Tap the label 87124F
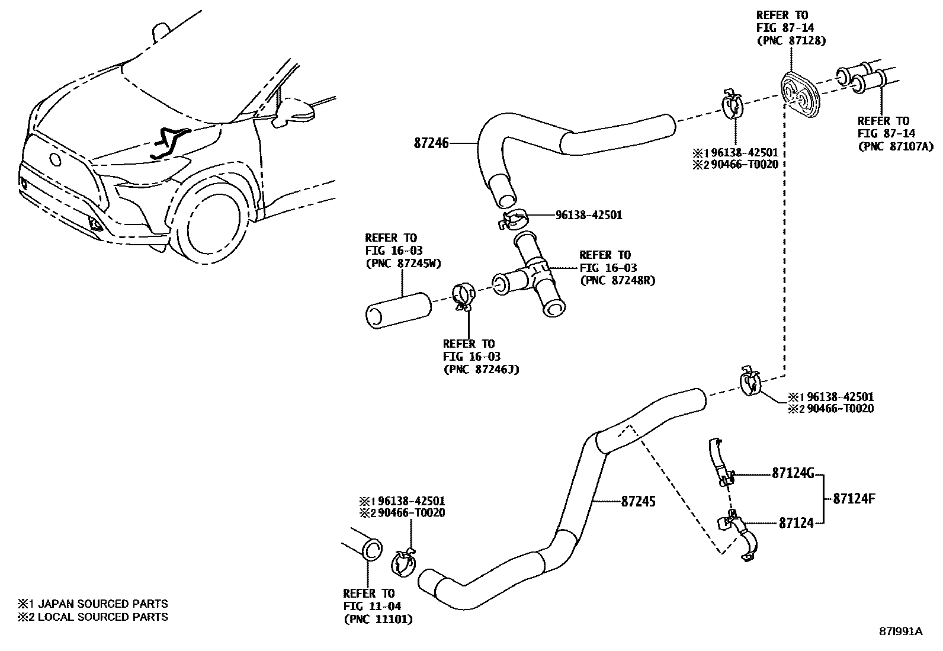[x=854, y=498]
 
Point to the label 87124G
[x=793, y=473]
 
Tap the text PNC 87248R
[x=617, y=280]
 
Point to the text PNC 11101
[x=377, y=619]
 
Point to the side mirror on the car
[x=294, y=111]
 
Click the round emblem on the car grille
[x=56, y=159]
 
